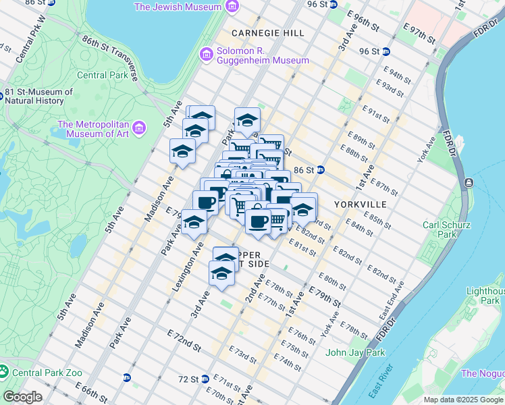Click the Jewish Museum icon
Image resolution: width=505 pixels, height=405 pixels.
click(x=232, y=7)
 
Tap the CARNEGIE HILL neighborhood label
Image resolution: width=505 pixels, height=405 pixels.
click(x=263, y=32)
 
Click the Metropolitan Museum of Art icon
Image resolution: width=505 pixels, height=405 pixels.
click(x=139, y=127)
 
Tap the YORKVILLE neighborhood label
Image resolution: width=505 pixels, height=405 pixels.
click(x=360, y=204)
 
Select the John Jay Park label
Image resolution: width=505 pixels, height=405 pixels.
click(x=355, y=352)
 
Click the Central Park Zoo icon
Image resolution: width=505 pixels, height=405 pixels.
click(x=4, y=371)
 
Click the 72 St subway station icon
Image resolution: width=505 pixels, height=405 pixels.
click(x=205, y=379)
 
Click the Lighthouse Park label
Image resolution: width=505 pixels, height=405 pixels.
click(x=485, y=296)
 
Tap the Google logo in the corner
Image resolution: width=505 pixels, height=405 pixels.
click(x=22, y=397)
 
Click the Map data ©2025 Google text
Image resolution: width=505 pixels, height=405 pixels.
click(x=462, y=400)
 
